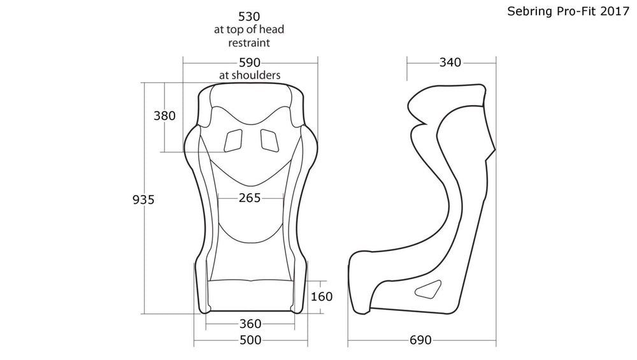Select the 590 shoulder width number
tap(250, 62)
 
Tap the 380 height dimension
tap(164, 116)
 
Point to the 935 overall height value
tap(143, 199)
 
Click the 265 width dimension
tap(250, 198)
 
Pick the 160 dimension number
tap(321, 296)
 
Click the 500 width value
tap(250, 340)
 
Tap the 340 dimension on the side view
tap(450, 62)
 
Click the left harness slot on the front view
tap(233, 140)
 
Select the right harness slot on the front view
tap(269, 140)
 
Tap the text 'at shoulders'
tap(250, 75)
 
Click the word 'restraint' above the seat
tap(250, 43)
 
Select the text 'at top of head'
tap(250, 30)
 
